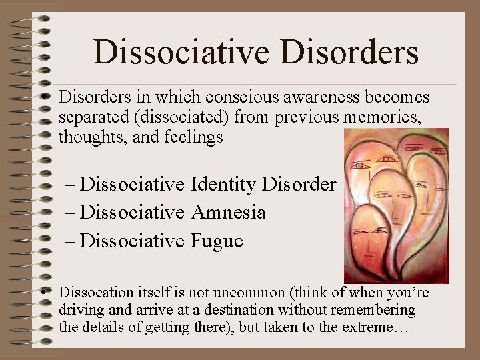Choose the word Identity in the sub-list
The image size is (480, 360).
(x=223, y=184)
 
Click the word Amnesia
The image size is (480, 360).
(x=229, y=213)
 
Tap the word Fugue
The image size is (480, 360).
(x=217, y=241)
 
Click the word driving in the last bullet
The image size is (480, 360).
(x=78, y=310)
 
